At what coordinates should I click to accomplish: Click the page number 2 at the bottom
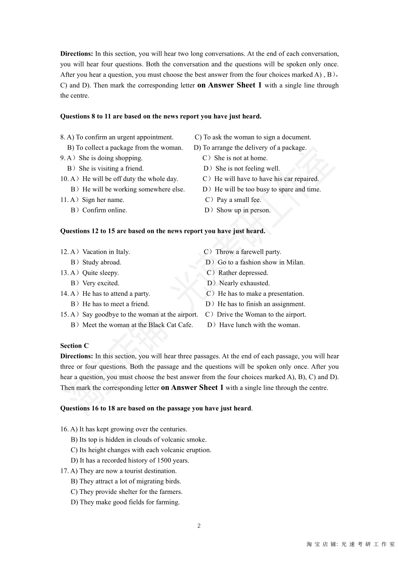coord(199,526)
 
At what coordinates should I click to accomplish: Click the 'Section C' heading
coord(75,346)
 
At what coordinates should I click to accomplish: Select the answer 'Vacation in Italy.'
coord(106,252)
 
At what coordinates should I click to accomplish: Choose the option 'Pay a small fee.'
coord(238,200)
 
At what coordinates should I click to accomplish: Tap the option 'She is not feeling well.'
coord(247,168)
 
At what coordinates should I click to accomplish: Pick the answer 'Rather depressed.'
coord(243,273)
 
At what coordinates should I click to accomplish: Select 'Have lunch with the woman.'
coord(259,325)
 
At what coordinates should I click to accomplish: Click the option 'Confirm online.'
coord(104,210)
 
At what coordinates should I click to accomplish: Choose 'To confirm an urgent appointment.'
coord(124,137)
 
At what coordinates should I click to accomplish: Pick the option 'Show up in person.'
coord(243,210)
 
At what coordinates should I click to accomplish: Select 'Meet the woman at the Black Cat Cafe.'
coord(137,325)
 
